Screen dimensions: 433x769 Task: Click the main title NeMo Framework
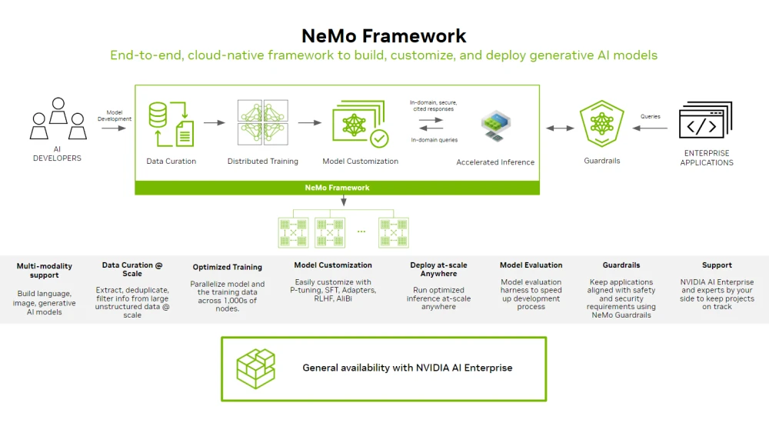click(x=384, y=35)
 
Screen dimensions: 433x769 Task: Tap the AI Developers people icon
click(x=57, y=119)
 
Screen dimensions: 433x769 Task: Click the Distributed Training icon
click(x=262, y=123)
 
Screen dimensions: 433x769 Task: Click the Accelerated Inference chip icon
click(x=495, y=125)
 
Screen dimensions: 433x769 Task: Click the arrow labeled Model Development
click(x=114, y=128)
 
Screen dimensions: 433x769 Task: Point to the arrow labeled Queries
click(x=651, y=128)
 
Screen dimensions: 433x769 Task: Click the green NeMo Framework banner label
click(x=337, y=188)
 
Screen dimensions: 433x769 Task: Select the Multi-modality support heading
click(x=45, y=271)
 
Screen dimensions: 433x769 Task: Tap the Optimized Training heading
click(x=227, y=267)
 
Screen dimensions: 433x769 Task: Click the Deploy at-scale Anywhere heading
click(x=438, y=269)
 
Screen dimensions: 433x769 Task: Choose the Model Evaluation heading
click(x=531, y=265)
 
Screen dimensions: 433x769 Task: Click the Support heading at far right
click(x=717, y=265)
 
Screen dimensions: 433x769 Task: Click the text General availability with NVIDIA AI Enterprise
click(x=407, y=368)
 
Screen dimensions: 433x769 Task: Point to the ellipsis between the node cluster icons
click(x=361, y=230)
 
